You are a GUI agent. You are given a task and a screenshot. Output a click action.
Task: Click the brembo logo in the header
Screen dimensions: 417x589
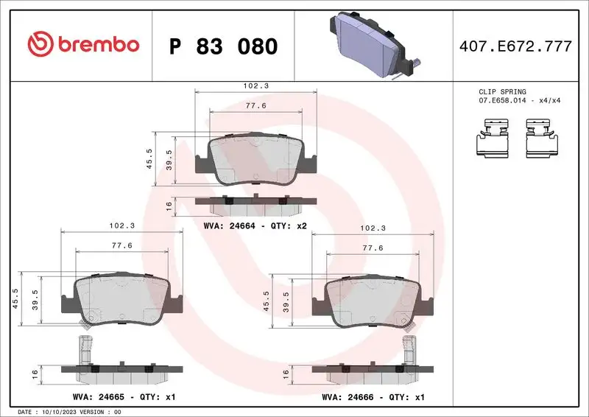click(82, 44)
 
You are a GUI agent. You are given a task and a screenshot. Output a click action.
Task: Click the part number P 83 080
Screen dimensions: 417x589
click(223, 46)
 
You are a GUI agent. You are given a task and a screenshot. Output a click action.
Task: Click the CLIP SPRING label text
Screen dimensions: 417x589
click(502, 92)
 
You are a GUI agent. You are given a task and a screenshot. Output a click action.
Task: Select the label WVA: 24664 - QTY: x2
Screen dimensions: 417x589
click(255, 226)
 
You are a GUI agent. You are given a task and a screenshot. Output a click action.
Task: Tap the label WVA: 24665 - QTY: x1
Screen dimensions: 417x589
click(123, 396)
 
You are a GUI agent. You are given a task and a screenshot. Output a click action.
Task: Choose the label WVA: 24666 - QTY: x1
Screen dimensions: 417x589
click(374, 396)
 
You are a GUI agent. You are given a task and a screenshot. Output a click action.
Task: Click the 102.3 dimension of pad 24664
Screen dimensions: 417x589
click(256, 86)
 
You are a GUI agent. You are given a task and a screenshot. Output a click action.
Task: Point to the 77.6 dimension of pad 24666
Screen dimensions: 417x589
click(373, 248)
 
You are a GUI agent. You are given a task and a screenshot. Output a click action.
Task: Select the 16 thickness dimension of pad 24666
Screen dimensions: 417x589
click(286, 374)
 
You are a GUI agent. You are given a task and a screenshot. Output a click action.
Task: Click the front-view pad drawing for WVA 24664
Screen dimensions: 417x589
click(255, 160)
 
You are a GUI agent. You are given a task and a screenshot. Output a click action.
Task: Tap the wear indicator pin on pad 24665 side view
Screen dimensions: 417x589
click(85, 348)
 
